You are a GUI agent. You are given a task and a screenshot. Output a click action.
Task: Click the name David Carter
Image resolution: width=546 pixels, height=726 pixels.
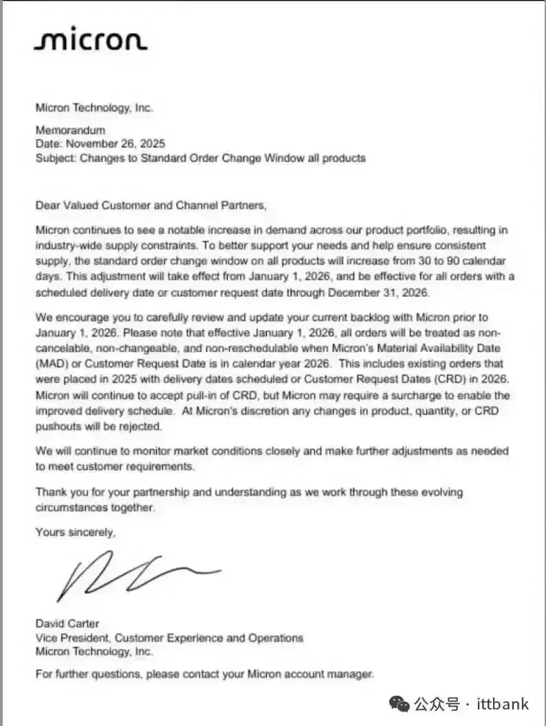coord(67,624)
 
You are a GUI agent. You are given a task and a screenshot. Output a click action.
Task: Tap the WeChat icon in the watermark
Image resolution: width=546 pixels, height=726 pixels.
coord(399,703)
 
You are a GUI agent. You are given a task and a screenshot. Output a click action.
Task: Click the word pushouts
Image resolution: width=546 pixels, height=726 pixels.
coord(59,426)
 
